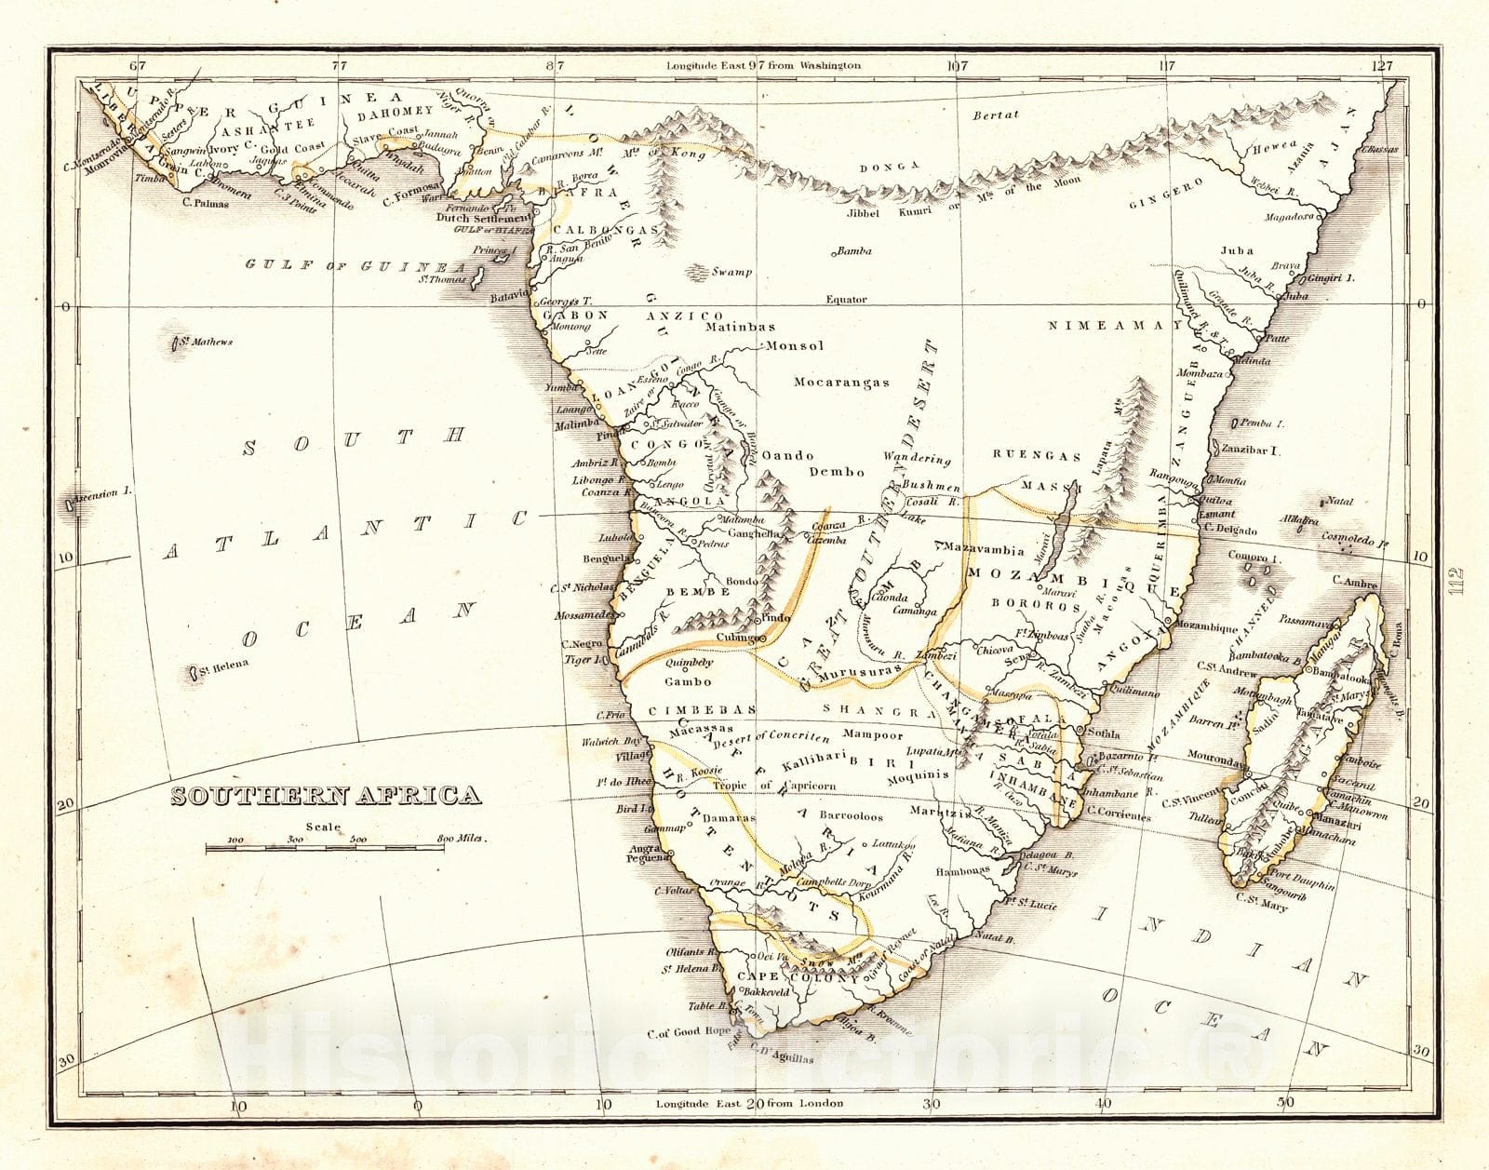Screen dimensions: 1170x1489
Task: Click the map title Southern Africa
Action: pos(326,796)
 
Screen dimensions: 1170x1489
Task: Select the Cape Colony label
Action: pos(798,977)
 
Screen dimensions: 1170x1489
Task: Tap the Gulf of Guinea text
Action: pos(354,264)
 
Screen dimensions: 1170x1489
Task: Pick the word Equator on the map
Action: pos(846,300)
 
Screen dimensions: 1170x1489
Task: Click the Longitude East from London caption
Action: pos(749,1103)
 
